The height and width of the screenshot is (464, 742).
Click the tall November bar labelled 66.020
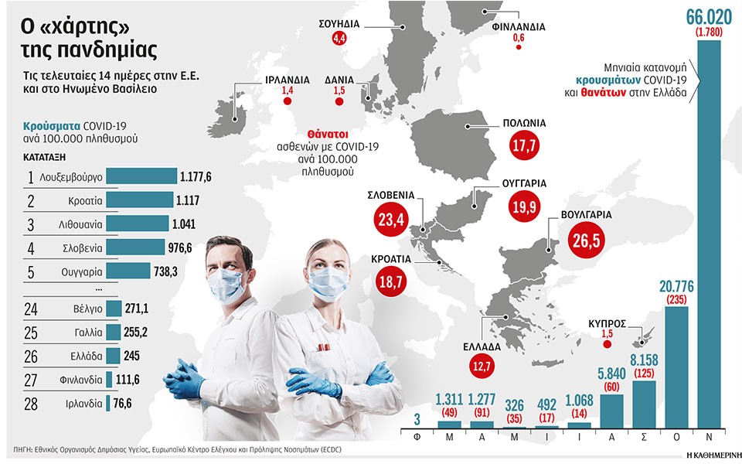[709, 232]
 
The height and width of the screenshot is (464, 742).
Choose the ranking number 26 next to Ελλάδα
[30, 357]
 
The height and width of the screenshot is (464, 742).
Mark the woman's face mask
[328, 281]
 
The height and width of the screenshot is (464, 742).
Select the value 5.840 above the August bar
[611, 373]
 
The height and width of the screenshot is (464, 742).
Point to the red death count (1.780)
[709, 32]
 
